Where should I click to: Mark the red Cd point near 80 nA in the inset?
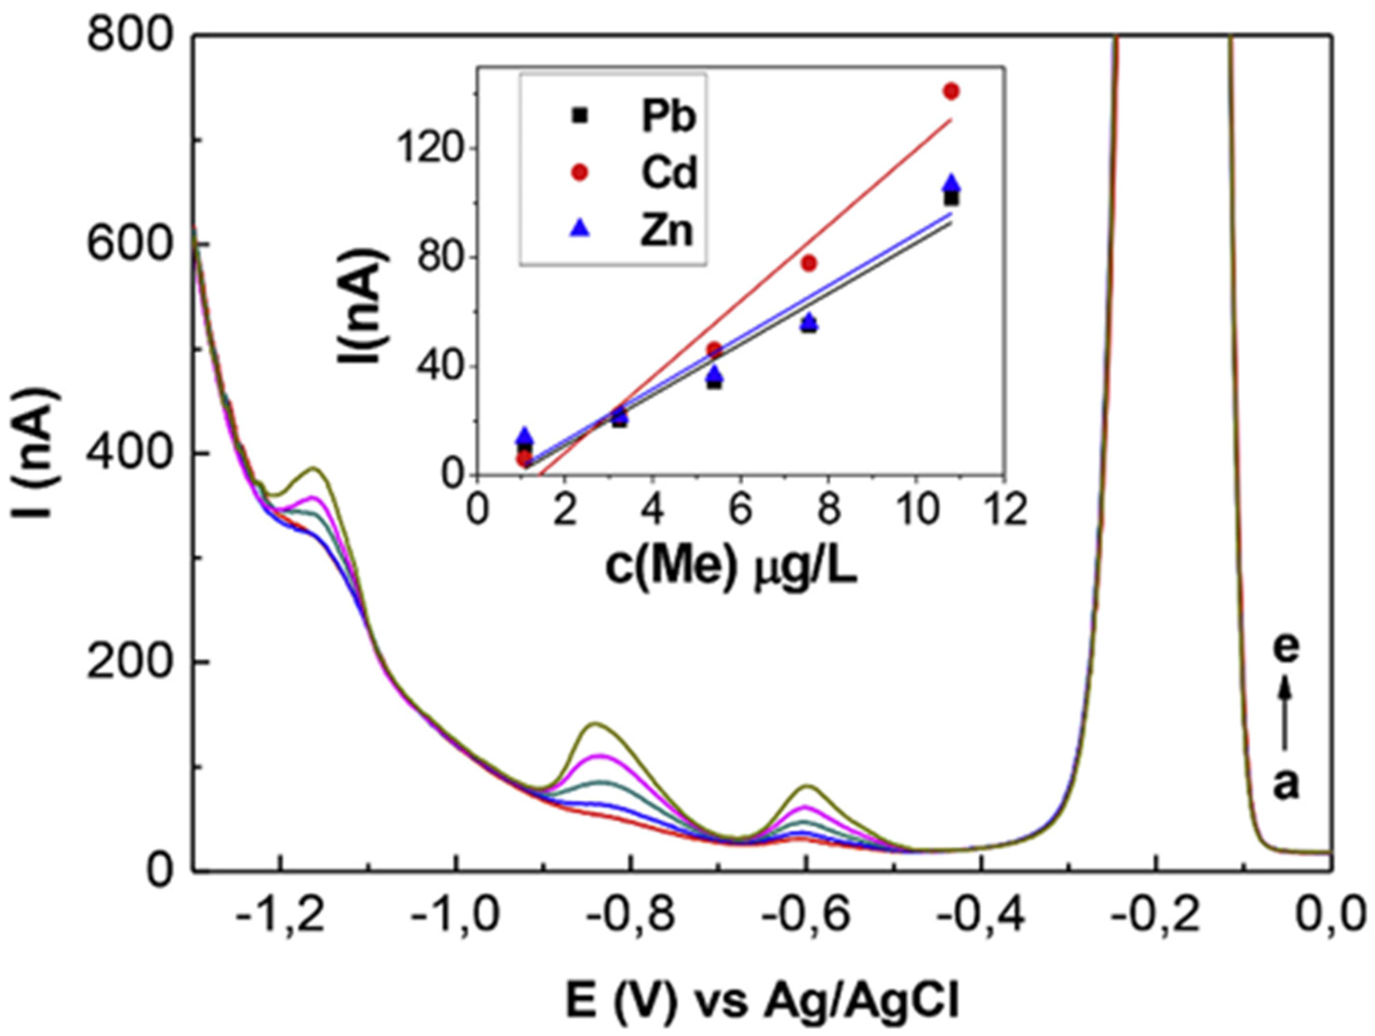tap(809, 264)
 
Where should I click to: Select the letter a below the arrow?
tap(1285, 784)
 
